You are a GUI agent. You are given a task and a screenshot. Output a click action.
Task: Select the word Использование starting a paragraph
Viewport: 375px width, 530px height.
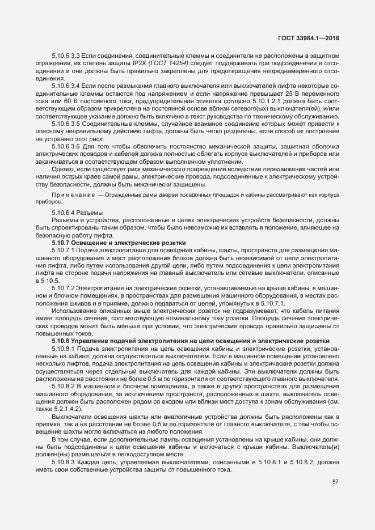pyautogui.click(x=74, y=311)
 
